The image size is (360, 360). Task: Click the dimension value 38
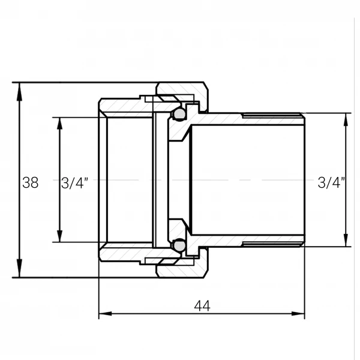pos(31,183)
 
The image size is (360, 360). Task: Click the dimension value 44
pos(202,306)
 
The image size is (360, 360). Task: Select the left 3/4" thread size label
pos(74,183)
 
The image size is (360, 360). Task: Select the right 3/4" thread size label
pos(331,183)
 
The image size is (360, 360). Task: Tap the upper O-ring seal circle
pos(179,113)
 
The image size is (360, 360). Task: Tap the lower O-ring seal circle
pos(179,245)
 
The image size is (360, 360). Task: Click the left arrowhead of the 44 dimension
pos(105,314)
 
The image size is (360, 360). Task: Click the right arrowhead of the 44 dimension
pos(298,314)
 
